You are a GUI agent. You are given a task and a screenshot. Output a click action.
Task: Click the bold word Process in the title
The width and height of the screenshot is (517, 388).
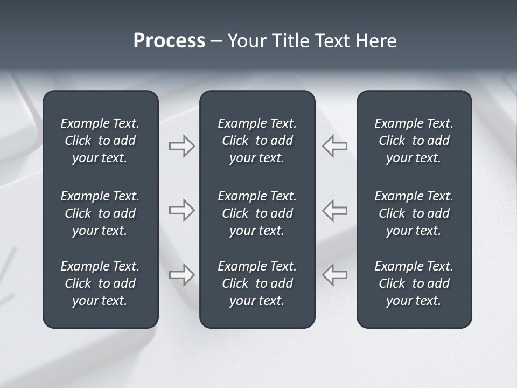[x=169, y=41]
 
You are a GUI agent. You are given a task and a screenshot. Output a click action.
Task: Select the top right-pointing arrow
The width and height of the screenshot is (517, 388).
[x=181, y=146]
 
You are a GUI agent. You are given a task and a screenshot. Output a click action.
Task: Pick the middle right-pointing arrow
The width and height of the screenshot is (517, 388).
[x=181, y=210]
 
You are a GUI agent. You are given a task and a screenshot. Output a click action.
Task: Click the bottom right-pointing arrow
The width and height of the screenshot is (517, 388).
[x=181, y=274]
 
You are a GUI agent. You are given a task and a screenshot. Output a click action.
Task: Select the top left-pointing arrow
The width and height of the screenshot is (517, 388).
[x=335, y=146]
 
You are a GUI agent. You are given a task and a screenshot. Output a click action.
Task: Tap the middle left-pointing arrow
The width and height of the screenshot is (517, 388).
[x=335, y=210]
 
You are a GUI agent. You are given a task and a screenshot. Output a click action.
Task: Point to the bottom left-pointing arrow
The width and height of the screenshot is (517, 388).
[x=335, y=274]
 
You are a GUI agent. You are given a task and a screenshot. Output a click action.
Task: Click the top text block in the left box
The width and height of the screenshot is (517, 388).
[x=100, y=141]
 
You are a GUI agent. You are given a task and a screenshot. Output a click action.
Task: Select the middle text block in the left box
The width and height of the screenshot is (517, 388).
[x=100, y=213]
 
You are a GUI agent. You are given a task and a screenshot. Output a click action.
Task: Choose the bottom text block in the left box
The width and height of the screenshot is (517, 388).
[x=100, y=283]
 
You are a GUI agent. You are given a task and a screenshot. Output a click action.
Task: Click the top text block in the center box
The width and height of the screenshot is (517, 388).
[x=257, y=141]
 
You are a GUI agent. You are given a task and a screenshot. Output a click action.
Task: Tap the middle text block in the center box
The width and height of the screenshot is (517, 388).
[x=257, y=213]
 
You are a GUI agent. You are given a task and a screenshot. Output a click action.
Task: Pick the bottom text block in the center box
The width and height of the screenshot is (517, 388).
[x=257, y=283]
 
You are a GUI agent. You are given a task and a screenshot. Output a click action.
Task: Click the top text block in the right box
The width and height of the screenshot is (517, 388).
[x=414, y=141]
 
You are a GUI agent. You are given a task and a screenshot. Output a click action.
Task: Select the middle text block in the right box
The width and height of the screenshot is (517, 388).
[x=414, y=213]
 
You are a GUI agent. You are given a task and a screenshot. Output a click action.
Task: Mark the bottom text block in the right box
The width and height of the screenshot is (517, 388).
[x=414, y=283]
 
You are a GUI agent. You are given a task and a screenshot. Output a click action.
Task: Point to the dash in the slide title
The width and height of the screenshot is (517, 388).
[x=216, y=41]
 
